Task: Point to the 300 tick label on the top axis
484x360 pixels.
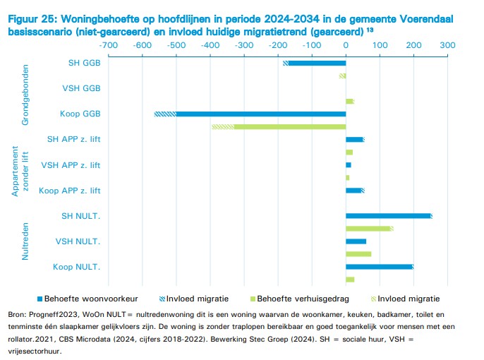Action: [447, 44]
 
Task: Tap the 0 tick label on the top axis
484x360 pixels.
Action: [346, 44]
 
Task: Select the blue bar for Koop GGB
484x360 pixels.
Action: [261, 114]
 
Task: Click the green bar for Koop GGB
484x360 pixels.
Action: [289, 126]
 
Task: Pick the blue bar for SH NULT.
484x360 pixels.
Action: [388, 216]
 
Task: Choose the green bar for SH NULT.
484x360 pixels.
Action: [368, 229]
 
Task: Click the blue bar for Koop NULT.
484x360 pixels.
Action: [379, 267]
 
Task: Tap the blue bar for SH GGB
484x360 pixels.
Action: [317, 63]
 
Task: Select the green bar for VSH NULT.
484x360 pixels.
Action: [358, 254]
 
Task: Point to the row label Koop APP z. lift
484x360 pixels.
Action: [70, 191]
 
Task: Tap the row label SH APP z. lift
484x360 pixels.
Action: [73, 139]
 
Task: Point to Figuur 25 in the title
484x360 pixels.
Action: [32, 20]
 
